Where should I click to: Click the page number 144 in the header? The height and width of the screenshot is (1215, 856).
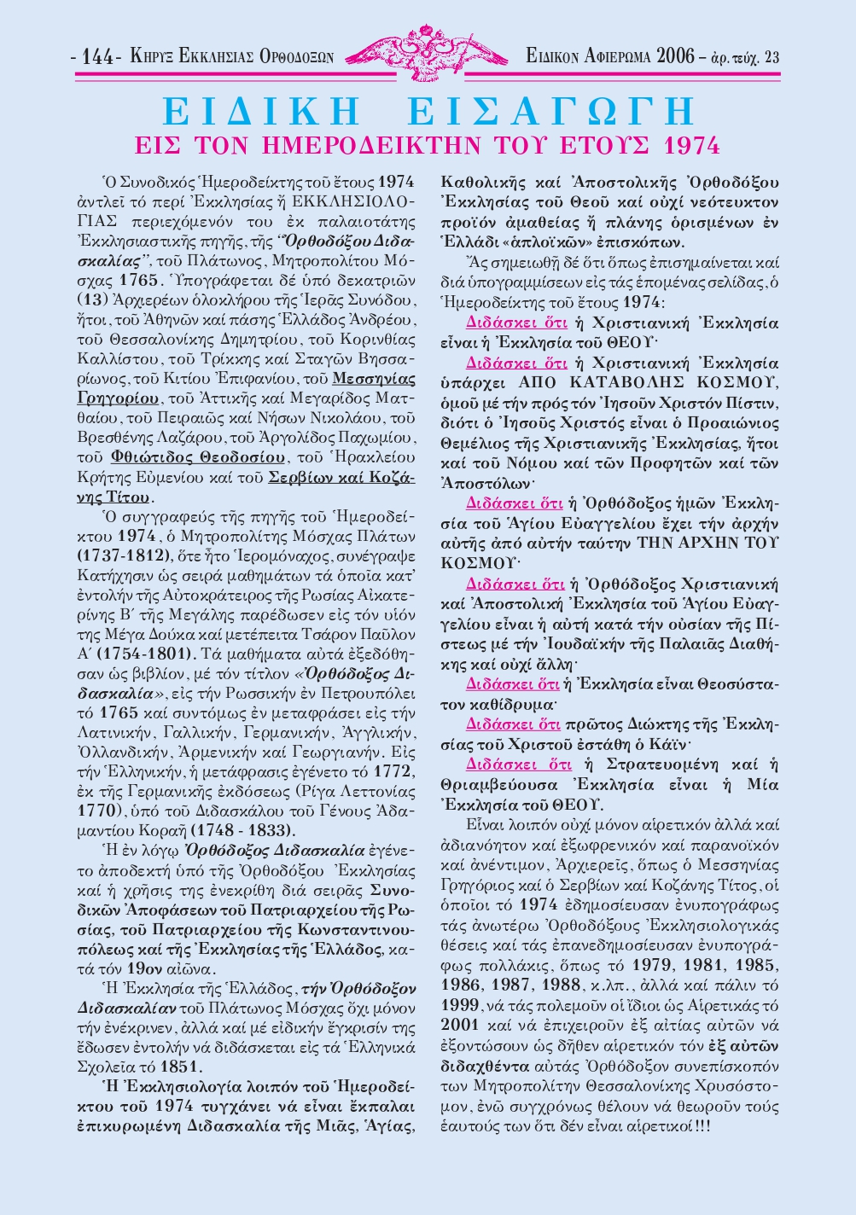click(99, 58)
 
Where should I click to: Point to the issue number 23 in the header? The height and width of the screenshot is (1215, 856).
click(772, 58)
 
